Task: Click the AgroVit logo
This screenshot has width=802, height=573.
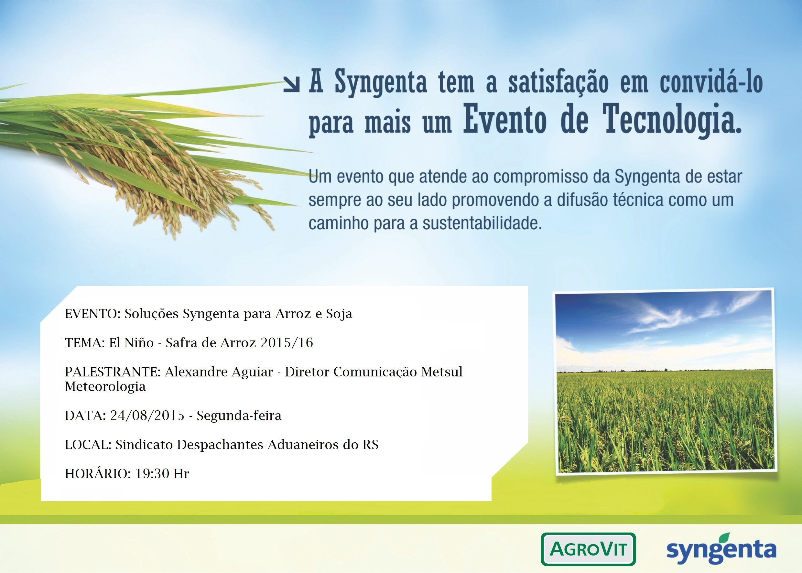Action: (x=588, y=549)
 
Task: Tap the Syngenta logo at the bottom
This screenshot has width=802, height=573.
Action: (x=721, y=549)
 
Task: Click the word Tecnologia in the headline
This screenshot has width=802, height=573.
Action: (x=672, y=120)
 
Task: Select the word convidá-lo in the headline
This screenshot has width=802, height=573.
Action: (x=711, y=82)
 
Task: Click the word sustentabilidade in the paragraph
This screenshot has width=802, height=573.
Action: (x=482, y=223)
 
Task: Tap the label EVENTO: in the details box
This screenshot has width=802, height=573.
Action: (x=93, y=313)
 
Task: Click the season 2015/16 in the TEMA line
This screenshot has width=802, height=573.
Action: (x=287, y=342)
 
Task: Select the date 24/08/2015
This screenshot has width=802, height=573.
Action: (x=147, y=415)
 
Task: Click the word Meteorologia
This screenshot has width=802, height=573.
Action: (x=105, y=387)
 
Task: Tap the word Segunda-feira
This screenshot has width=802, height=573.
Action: (x=239, y=416)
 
